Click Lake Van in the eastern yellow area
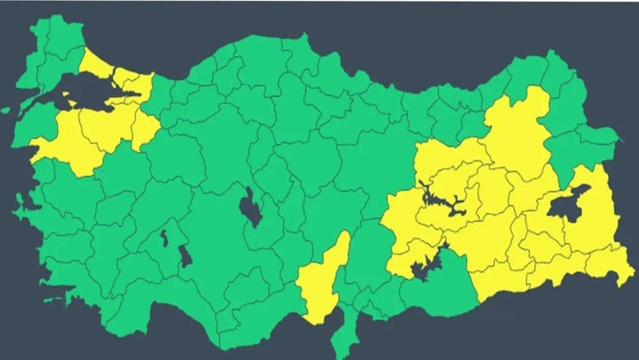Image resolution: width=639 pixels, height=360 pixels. click(564, 206)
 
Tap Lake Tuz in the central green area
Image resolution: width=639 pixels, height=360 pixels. click(250, 208)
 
